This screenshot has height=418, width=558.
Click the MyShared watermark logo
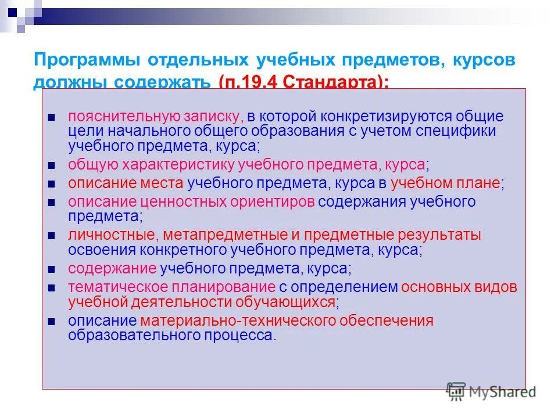(491, 391)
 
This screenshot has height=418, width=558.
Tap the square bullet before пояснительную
(52, 117)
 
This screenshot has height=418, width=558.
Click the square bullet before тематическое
(52, 288)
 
